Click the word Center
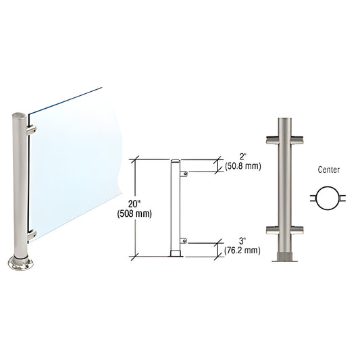pos(328,171)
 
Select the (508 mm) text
pos(136,214)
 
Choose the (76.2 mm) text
pos(242,251)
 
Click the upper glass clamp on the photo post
pos(31,128)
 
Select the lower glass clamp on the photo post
pos(31,234)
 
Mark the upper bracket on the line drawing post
pos(184,174)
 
